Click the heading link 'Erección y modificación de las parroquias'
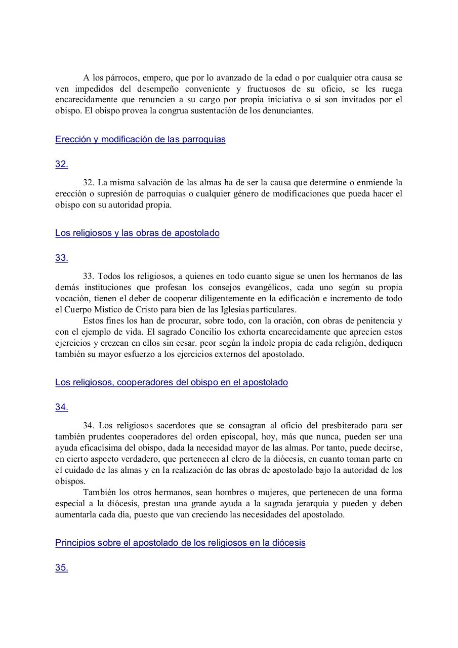(x=140, y=140)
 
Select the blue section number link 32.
(x=61, y=165)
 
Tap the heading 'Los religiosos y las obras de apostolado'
(x=137, y=233)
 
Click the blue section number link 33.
(x=61, y=258)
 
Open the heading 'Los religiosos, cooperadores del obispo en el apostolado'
(x=172, y=383)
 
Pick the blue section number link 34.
(x=61, y=408)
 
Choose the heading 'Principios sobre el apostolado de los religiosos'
(x=180, y=543)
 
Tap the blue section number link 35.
(x=61, y=568)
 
